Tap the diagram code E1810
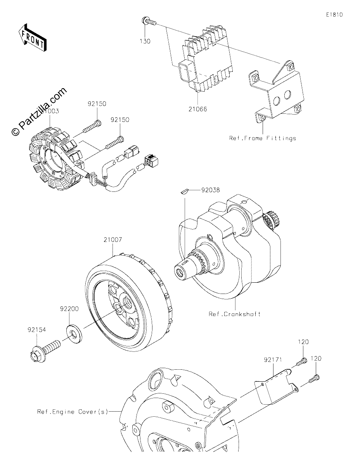(x=334, y=15)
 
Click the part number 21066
(x=198, y=109)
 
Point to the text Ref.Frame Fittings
(x=263, y=138)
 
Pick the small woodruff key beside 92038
(x=184, y=191)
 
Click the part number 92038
(x=210, y=190)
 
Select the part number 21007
(x=113, y=240)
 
